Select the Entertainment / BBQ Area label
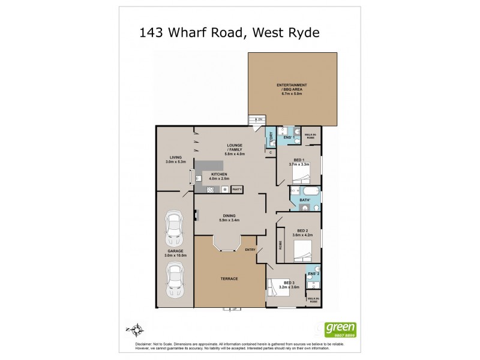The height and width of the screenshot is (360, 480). (292, 89)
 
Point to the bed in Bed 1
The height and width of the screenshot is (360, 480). (300, 175)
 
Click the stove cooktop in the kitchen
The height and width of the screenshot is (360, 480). (224, 190)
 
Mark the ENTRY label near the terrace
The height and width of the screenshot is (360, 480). (250, 250)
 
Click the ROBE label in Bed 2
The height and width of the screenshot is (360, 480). (281, 245)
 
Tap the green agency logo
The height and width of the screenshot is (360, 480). (340, 329)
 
